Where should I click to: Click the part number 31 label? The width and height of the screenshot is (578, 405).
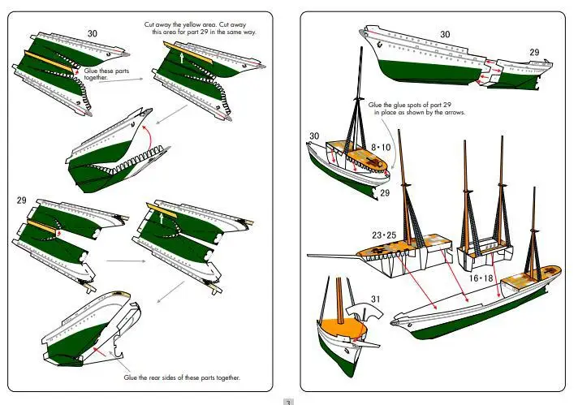[x=375, y=299]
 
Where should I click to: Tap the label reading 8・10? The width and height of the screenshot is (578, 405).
[x=381, y=147]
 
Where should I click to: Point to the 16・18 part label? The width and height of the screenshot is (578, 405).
[x=481, y=278]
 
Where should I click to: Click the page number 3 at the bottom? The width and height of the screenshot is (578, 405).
[x=287, y=400]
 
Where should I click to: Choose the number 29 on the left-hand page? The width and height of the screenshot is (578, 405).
[x=22, y=200]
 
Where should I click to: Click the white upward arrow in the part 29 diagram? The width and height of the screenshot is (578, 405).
[x=160, y=218]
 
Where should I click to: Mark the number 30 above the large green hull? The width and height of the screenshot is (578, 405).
[x=445, y=34]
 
